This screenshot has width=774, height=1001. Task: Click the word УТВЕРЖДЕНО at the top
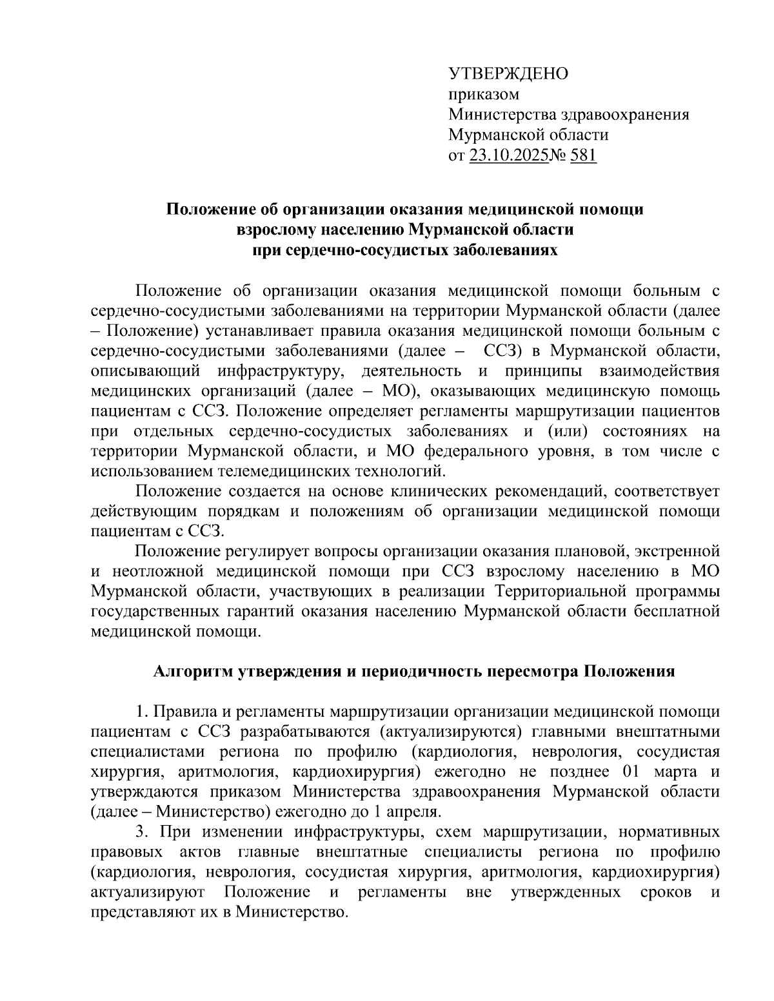coord(508,73)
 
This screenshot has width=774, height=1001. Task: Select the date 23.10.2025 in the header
coord(508,156)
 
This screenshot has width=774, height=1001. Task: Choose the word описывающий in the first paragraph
coord(147,371)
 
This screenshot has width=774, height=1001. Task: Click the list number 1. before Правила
coord(141,712)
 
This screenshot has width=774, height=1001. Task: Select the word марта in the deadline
coord(677,772)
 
